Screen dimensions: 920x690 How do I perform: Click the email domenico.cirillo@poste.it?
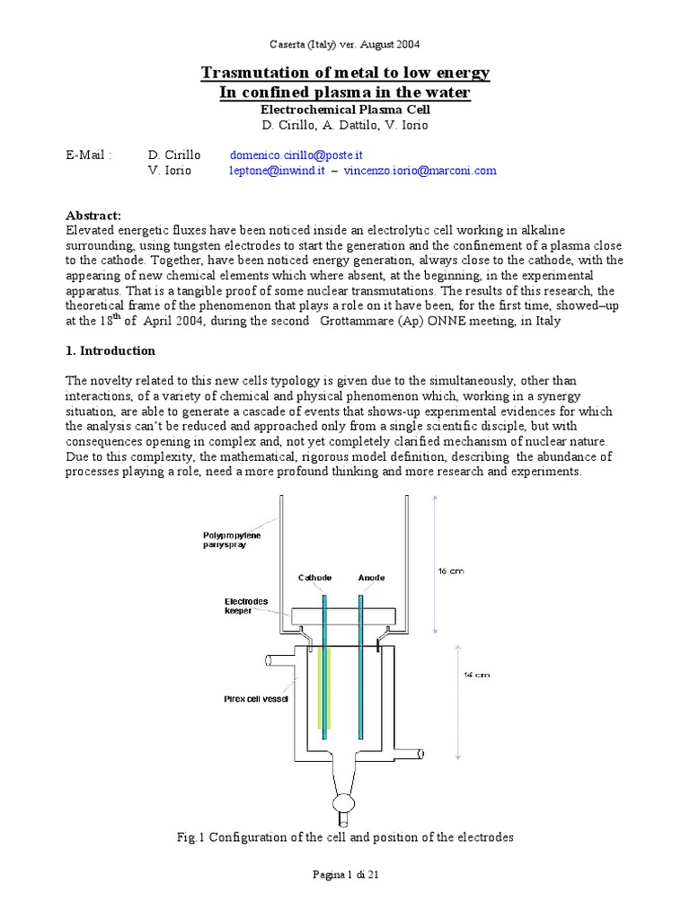click(296, 155)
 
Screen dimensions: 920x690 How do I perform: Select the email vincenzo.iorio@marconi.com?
click(420, 171)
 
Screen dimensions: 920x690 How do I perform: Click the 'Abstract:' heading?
click(93, 216)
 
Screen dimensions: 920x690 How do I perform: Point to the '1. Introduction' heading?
click(111, 350)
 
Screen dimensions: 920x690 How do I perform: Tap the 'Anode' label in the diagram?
click(370, 578)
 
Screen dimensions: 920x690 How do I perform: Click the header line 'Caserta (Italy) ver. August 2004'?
click(345, 43)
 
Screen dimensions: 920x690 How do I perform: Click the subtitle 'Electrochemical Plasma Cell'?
click(345, 109)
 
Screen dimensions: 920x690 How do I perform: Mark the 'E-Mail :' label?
click(89, 155)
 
